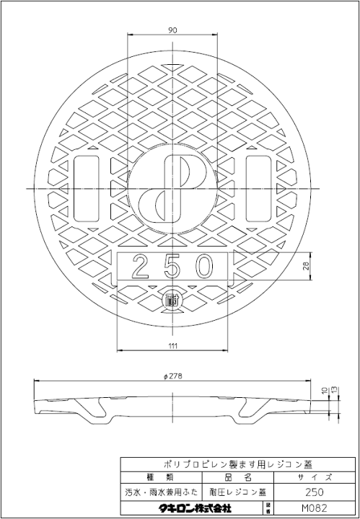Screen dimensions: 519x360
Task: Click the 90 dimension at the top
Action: pos(173,30)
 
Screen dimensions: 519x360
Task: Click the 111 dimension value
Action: pos(173,347)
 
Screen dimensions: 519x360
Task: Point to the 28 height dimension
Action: pos(307,267)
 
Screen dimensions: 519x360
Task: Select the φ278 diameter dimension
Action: pos(173,375)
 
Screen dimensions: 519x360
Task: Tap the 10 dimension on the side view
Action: pos(325,391)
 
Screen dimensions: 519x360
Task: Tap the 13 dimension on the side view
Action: pos(334,391)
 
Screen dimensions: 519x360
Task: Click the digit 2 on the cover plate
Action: pos(141,267)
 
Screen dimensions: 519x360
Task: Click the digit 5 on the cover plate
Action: pos(172,267)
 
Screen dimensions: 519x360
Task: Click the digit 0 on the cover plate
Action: pos(203,267)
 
